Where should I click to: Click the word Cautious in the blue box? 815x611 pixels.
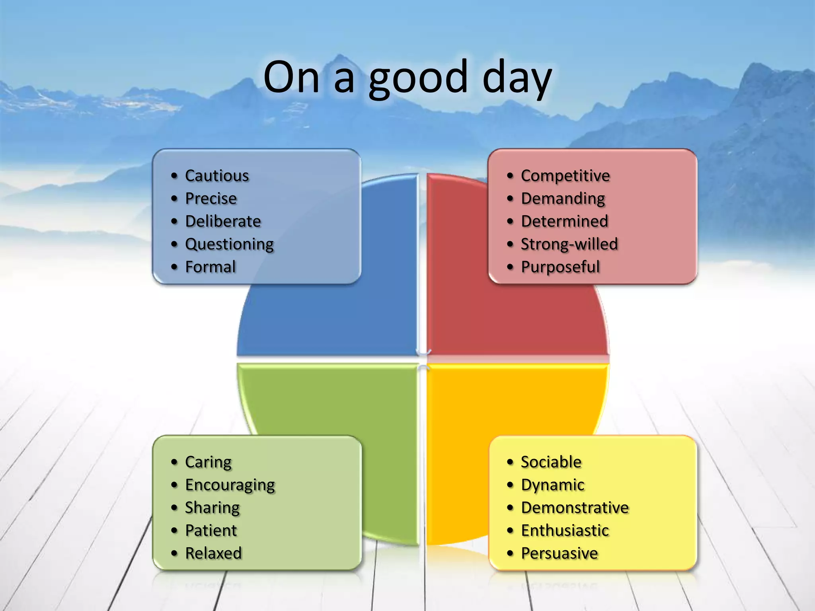point(217,176)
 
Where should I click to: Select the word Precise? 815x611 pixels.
point(211,198)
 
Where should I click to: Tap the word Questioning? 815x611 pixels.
point(229,244)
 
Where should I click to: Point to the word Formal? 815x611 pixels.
point(211,267)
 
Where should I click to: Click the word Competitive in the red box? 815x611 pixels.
point(565,176)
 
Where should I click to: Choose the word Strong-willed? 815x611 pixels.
point(569,244)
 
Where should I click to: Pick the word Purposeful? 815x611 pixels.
point(560,267)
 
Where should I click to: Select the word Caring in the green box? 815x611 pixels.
point(208,462)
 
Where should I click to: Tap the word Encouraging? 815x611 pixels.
point(230,485)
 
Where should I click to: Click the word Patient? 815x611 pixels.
point(211,531)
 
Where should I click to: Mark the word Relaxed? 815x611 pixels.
point(213,553)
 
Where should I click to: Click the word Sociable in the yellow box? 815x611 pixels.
point(551,462)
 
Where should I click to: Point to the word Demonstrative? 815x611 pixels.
point(575,508)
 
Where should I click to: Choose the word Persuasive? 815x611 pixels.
point(560,553)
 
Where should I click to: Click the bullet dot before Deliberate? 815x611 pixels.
point(174,222)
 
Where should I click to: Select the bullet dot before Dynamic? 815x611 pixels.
point(510,485)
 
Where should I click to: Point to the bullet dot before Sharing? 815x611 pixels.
point(174,508)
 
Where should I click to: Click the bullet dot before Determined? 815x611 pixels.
point(510,222)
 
